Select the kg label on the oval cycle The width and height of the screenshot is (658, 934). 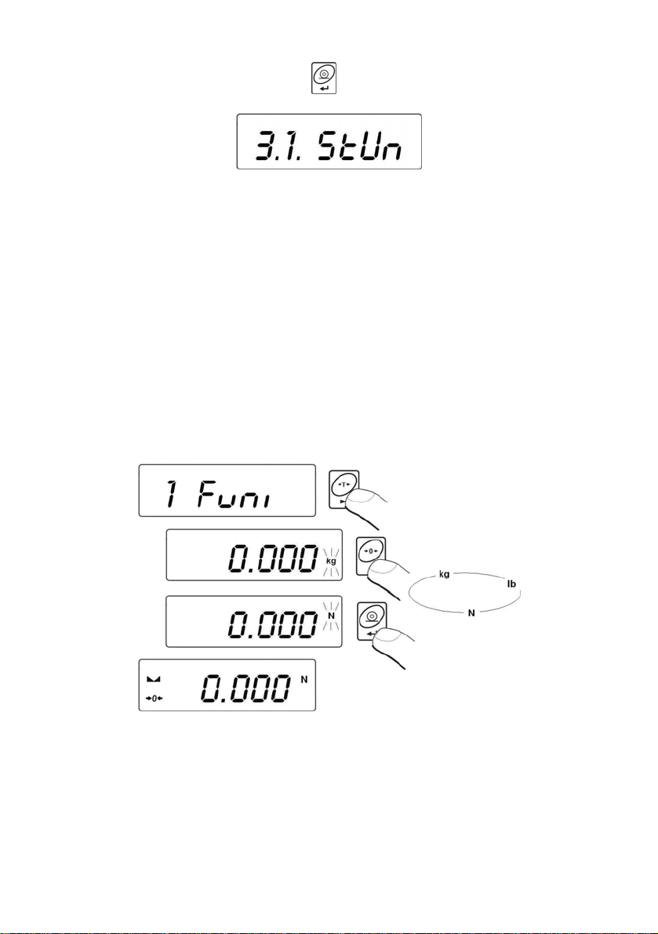pyautogui.click(x=444, y=575)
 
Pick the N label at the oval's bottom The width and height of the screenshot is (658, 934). pyautogui.click(x=471, y=612)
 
